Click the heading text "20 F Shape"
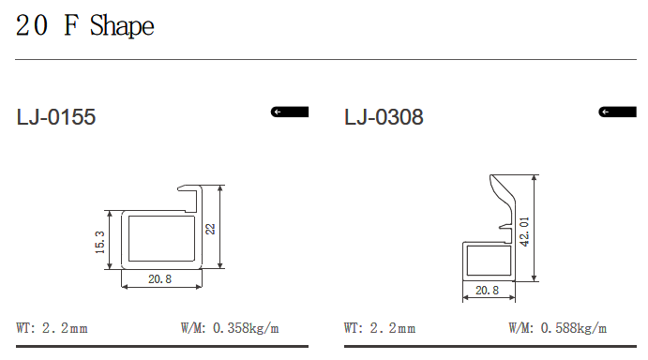pyautogui.click(x=84, y=25)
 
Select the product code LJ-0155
pyautogui.click(x=56, y=117)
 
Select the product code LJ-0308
pyautogui.click(x=384, y=117)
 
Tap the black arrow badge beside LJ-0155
pyautogui.click(x=290, y=112)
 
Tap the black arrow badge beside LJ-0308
pyautogui.click(x=617, y=112)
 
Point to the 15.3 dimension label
pyautogui.click(x=99, y=242)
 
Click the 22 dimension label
pyautogui.click(x=210, y=229)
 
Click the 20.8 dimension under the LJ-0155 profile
pyautogui.click(x=160, y=279)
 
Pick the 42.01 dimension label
pyautogui.click(x=524, y=232)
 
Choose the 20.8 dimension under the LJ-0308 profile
pyautogui.click(x=488, y=291)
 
